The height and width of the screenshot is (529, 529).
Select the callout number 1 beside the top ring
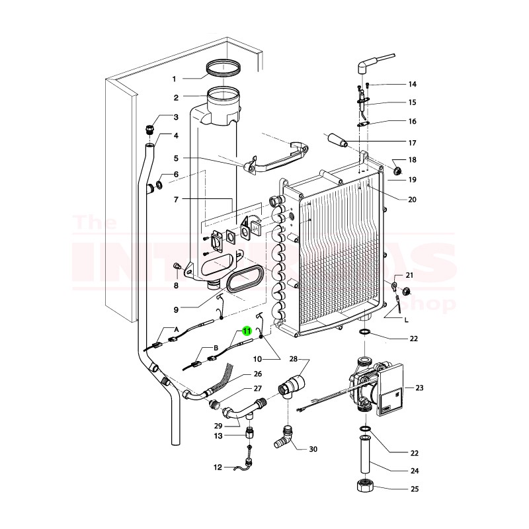click(x=175, y=79)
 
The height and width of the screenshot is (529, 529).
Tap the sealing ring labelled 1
click(x=224, y=67)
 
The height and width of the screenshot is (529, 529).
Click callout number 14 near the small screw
click(x=412, y=84)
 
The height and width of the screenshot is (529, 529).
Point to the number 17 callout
click(x=411, y=143)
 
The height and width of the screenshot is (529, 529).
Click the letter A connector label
click(x=177, y=329)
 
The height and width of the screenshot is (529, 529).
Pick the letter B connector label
click(x=215, y=347)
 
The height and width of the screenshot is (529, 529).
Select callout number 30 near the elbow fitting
click(x=313, y=449)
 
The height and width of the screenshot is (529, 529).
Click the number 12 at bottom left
click(x=218, y=468)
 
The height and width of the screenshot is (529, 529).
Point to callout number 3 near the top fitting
click(x=176, y=118)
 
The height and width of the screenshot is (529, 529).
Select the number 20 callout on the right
click(x=411, y=199)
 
